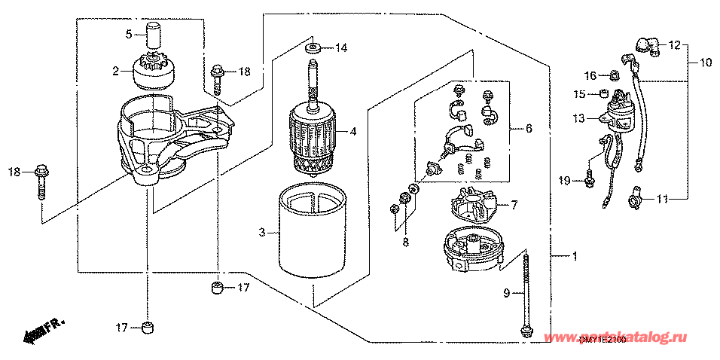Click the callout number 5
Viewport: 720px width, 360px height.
click(129, 34)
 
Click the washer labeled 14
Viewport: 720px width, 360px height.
click(313, 49)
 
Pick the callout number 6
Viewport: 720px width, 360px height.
click(529, 130)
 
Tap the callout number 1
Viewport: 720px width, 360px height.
click(574, 258)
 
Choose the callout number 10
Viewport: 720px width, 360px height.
click(706, 63)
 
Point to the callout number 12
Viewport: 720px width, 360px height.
click(675, 45)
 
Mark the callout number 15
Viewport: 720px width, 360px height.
click(580, 94)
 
